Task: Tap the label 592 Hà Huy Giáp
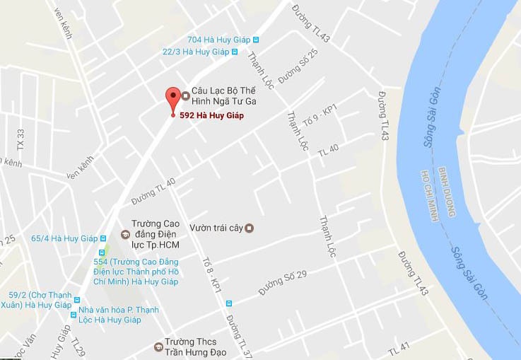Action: click(211, 115)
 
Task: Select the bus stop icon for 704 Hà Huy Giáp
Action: click(256, 40)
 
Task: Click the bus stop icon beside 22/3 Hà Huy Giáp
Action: click(235, 52)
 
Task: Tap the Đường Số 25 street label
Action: click(298, 66)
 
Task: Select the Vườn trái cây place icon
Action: click(248, 228)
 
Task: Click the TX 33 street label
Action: click(21, 139)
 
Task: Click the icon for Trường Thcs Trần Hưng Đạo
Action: click(158, 347)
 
